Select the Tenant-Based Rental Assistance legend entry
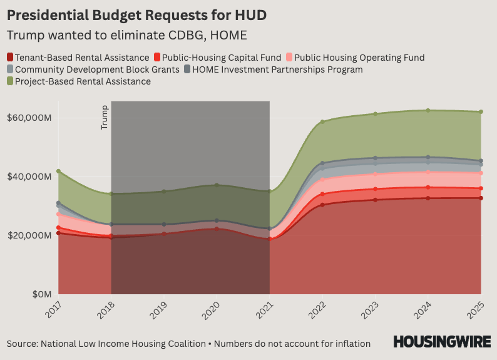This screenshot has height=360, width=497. pyautogui.click(x=78, y=58)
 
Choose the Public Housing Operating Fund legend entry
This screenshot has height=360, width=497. pyautogui.click(x=355, y=58)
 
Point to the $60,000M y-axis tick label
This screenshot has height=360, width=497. pyautogui.click(x=29, y=118)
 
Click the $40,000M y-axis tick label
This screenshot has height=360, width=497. pyautogui.click(x=29, y=177)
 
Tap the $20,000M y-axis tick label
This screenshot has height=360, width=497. pyautogui.click(x=29, y=235)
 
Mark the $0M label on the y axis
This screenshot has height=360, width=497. pyautogui.click(x=38, y=294)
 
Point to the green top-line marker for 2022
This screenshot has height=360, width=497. pyautogui.click(x=322, y=121)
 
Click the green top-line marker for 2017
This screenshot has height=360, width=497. pyautogui.click(x=58, y=171)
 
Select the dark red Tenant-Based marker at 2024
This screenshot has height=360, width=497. pyautogui.click(x=428, y=198)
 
